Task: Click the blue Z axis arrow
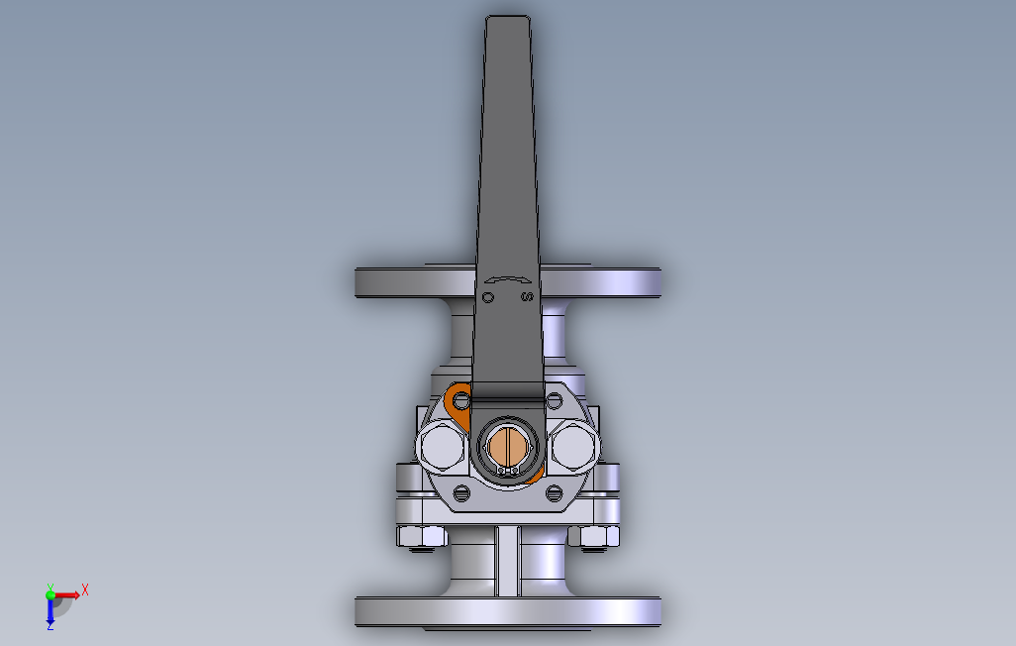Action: [x=51, y=612]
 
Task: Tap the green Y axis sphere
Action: [x=51, y=594]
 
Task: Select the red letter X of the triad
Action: [x=85, y=590]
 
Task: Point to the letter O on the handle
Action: [x=487, y=297]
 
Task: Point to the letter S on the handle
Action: [x=527, y=297]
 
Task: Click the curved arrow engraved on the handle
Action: [x=507, y=280]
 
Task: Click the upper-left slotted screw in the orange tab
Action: [x=461, y=401]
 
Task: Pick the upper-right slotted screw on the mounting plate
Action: [x=554, y=401]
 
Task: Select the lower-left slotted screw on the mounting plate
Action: [x=459, y=493]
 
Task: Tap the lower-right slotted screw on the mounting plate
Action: [x=554, y=492]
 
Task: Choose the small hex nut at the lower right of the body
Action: [x=594, y=537]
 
